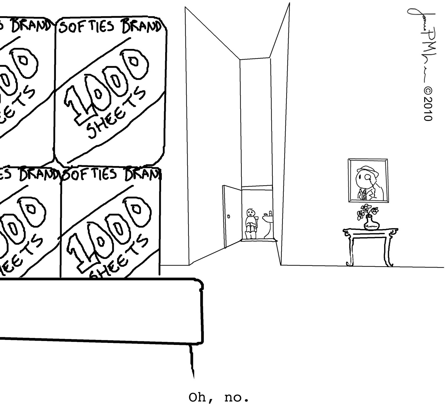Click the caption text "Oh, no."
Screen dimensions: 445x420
219,398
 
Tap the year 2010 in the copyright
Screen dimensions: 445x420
427,109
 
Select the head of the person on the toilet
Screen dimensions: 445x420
250,213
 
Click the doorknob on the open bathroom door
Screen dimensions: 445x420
228,216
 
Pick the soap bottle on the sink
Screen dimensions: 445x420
271,213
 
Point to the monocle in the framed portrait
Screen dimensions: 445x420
368,177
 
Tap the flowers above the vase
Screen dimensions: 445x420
367,211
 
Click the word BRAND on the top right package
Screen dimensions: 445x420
141,27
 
